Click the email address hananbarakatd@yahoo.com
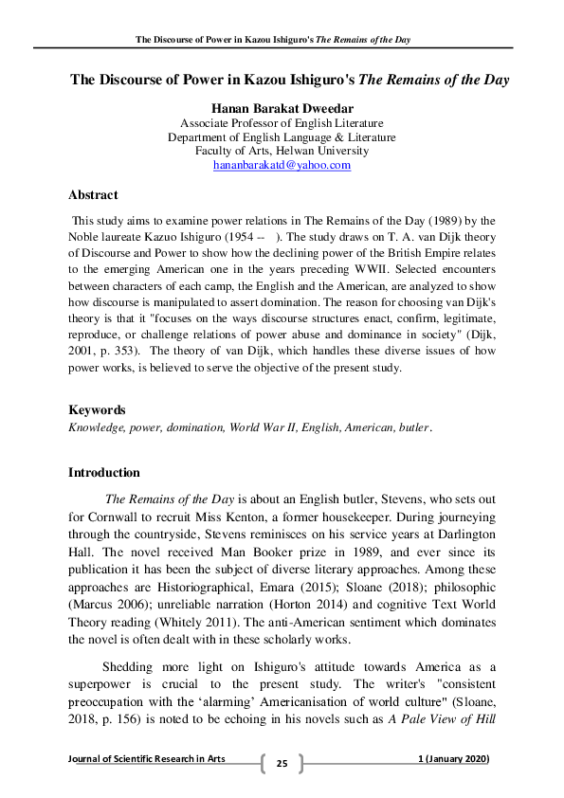pos(282,165)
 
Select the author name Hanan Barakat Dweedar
pos(282,107)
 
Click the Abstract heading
pos(93,195)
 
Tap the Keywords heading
pos(97,410)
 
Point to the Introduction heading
pos(104,473)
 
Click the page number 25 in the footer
pos(282,763)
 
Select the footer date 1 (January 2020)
pos(453,760)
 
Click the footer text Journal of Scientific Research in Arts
pos(147,760)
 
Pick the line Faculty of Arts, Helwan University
pos(282,151)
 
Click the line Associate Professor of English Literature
pos(282,122)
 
